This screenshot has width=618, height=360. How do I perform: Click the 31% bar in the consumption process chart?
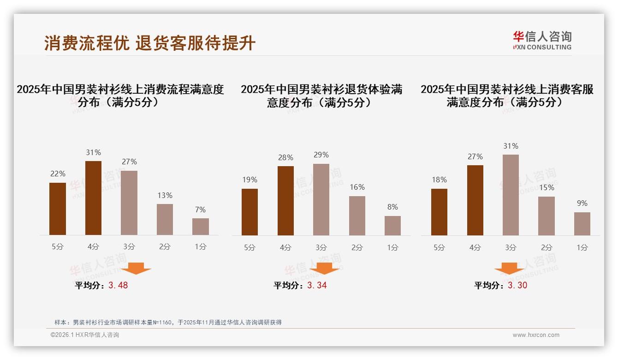click(x=93, y=198)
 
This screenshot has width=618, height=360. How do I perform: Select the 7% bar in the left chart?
click(x=200, y=227)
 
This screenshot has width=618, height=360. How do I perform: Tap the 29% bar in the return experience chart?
click(x=321, y=199)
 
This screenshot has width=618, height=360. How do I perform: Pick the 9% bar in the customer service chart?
click(x=582, y=224)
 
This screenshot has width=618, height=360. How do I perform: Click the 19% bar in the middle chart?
click(x=250, y=212)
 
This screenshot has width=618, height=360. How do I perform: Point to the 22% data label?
click(x=58, y=174)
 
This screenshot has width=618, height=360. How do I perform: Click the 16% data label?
click(x=357, y=187)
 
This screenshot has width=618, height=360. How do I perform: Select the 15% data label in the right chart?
click(x=547, y=187)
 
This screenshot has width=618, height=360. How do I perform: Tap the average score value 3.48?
click(x=118, y=285)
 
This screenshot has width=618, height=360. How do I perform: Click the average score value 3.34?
click(x=317, y=285)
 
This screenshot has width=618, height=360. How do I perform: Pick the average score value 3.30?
click(x=517, y=285)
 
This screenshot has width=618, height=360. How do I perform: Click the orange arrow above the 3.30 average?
click(x=509, y=269)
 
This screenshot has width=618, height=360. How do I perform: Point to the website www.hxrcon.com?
click(x=536, y=335)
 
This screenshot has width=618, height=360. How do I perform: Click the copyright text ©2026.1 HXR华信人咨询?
click(x=85, y=335)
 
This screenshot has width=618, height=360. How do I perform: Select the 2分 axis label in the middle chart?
click(x=357, y=247)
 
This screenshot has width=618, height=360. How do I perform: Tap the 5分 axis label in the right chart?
click(x=439, y=247)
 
